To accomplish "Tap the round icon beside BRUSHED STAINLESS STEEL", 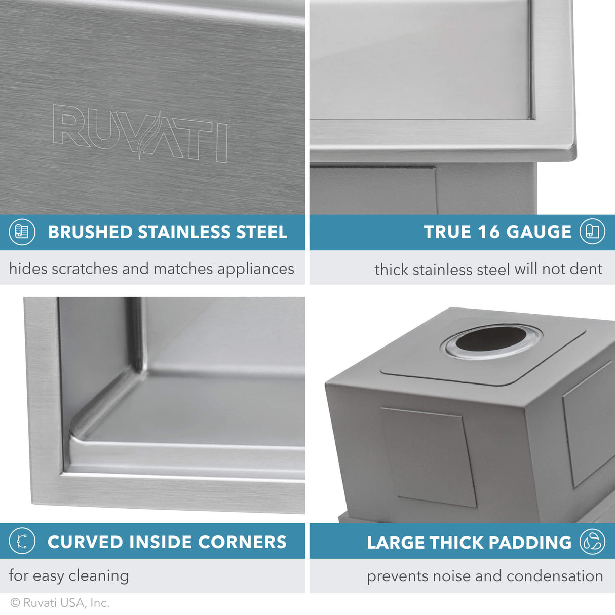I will [22, 232].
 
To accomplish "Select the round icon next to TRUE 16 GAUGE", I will [592, 232].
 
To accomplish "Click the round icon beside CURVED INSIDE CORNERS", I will [22, 541].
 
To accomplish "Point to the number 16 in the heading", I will [489, 232].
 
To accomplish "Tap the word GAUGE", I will [539, 232].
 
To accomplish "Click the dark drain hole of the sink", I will [490, 339].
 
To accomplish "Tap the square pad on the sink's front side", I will [429, 456].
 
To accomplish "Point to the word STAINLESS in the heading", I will [184, 232].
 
